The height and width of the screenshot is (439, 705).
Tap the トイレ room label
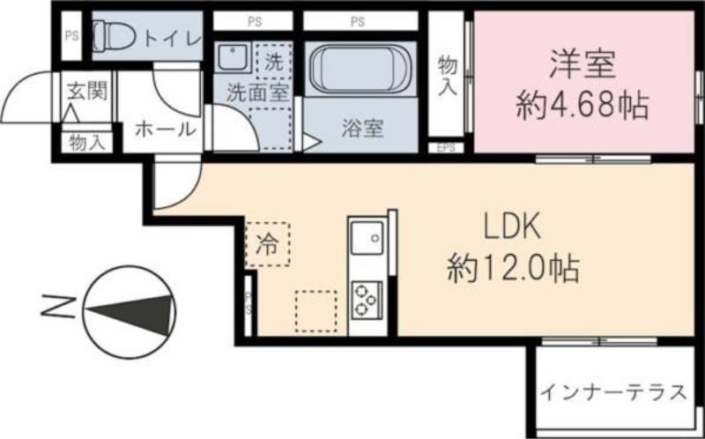[172, 37]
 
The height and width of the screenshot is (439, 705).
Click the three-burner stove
[365, 299]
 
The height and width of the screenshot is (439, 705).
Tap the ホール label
[165, 129]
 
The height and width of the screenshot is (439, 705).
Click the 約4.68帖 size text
[583, 107]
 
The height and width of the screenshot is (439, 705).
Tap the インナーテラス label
[613, 392]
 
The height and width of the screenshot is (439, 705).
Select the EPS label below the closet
[446, 149]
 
